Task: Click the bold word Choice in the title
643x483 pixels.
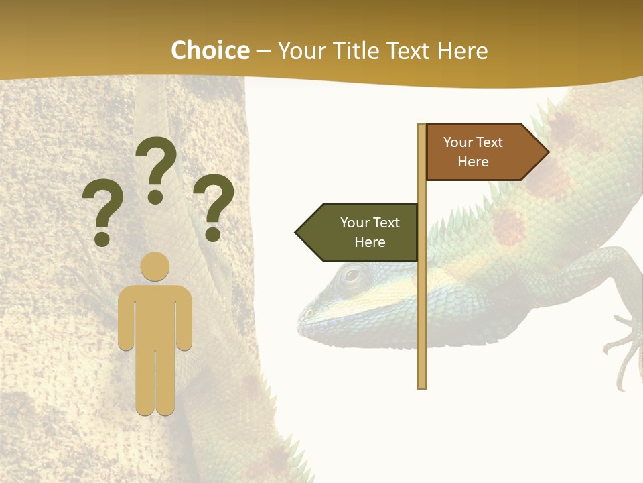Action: coord(210,51)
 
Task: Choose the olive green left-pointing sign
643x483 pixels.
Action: coord(362,232)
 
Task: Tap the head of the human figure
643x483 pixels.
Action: coord(155,267)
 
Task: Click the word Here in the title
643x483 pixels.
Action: coord(462,51)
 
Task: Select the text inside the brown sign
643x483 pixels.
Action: coord(473,152)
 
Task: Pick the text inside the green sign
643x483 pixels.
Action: coord(370,232)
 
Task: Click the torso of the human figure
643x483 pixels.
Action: coord(155,315)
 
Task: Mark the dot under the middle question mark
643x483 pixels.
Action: coord(156,197)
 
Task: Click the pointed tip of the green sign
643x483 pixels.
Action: coord(297,233)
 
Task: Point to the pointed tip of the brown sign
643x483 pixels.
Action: coord(548,152)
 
